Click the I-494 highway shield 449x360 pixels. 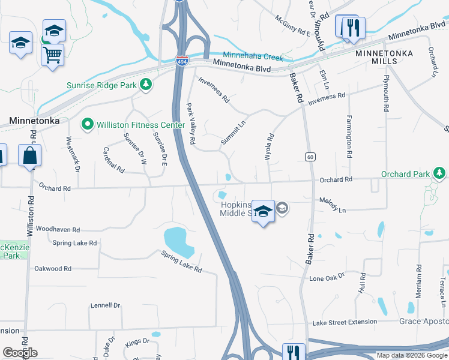(x=181, y=61)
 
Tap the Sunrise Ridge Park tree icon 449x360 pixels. (x=145, y=85)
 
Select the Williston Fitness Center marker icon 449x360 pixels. (x=88, y=125)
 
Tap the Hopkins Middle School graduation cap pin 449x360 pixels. (x=262, y=211)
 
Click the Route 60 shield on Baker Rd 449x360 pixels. (x=310, y=157)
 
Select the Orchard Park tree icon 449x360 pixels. (x=439, y=174)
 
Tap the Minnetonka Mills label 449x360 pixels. (x=384, y=57)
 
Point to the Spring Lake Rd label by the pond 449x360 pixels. (x=181, y=262)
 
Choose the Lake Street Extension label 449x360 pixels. (x=345, y=322)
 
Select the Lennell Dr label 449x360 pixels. (x=106, y=305)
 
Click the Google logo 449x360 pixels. (x=20, y=353)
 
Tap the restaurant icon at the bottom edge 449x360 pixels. (x=294, y=352)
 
